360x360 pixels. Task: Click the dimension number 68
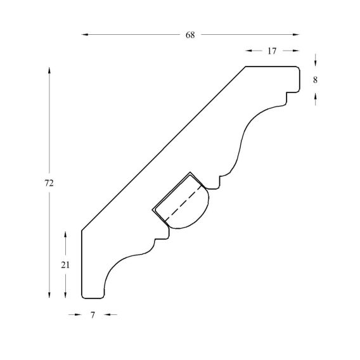click(x=190, y=35)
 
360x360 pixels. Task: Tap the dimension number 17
click(x=272, y=51)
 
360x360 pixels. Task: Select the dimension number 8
click(x=315, y=80)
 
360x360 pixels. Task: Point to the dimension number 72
click(x=49, y=183)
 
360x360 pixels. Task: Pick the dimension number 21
click(x=65, y=265)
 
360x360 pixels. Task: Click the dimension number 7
click(x=93, y=315)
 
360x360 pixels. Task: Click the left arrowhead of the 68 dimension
click(x=85, y=35)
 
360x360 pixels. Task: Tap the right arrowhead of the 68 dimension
click(x=296, y=35)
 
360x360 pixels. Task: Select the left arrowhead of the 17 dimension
click(x=248, y=51)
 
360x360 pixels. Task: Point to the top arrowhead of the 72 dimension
click(x=49, y=70)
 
